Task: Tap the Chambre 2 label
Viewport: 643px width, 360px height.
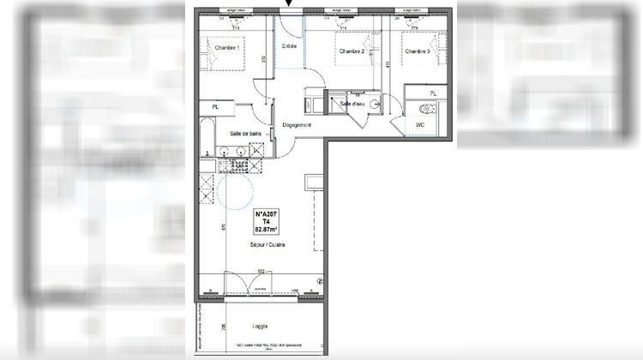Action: (x=352, y=51)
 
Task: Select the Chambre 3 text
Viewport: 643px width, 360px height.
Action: (x=417, y=51)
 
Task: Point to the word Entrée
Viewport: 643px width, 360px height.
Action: (x=289, y=46)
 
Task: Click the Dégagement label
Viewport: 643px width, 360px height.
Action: (x=297, y=125)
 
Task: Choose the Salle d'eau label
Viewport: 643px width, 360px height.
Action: (x=352, y=104)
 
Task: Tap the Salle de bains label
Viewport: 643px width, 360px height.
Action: (x=245, y=133)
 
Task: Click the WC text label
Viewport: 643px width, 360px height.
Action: (x=420, y=125)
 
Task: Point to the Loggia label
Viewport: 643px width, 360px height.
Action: (x=261, y=327)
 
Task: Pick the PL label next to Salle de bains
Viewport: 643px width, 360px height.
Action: (x=215, y=105)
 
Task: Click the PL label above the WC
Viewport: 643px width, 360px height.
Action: (x=433, y=93)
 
